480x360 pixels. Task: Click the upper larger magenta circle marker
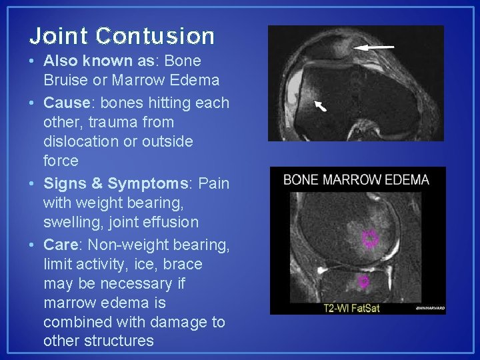[369, 238]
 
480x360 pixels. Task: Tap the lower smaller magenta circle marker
[363, 281]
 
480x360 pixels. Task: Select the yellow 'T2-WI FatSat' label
[351, 308]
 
